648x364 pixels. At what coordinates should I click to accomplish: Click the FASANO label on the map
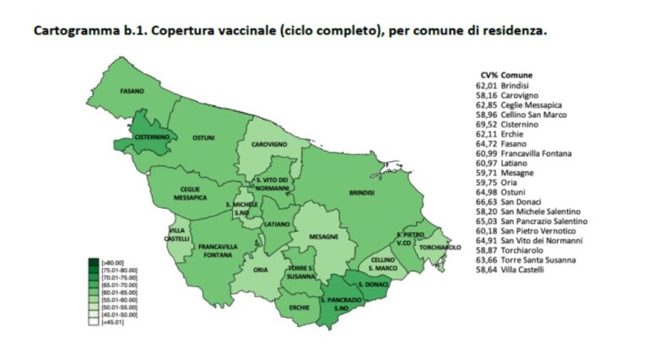[131, 91]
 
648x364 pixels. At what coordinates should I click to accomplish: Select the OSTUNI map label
[203, 137]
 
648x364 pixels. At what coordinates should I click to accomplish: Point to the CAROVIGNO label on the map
[270, 144]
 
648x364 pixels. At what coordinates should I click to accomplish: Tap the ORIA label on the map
[260, 270]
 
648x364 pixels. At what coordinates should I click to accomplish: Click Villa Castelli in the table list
[523, 270]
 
